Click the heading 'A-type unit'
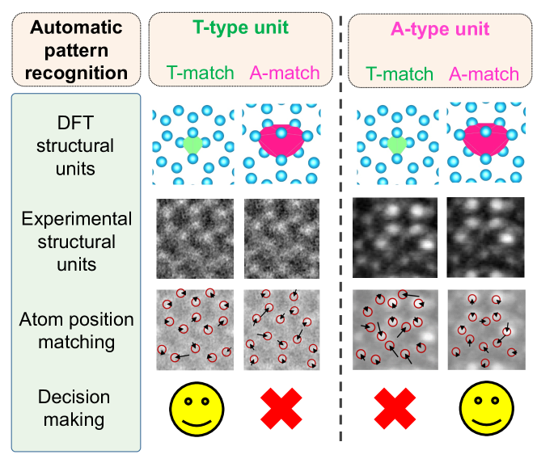pyautogui.click(x=439, y=29)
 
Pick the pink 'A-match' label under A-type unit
pyautogui.click(x=483, y=74)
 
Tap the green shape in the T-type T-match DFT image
pyautogui.click(x=192, y=145)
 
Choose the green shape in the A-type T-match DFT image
pyautogui.click(x=395, y=145)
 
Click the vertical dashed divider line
pyautogui.click(x=340, y=242)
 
